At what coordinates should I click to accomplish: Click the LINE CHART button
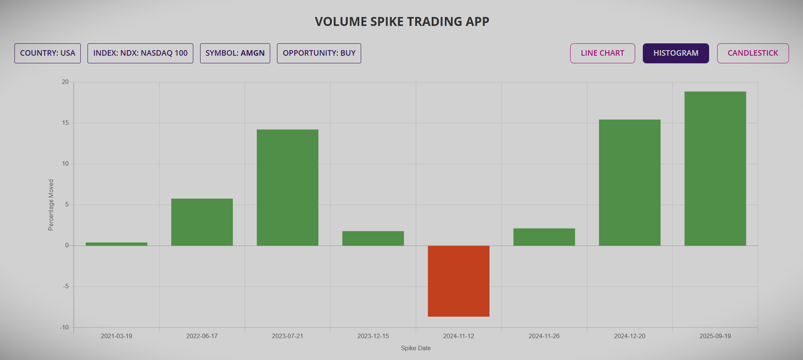pos(602,53)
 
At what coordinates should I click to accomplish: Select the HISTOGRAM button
pos(676,53)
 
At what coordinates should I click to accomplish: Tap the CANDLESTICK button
pos(752,53)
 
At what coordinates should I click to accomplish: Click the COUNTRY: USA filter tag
pos(48,53)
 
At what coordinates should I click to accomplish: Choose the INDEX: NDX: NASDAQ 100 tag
pos(140,53)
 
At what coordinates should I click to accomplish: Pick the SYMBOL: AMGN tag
pos(235,53)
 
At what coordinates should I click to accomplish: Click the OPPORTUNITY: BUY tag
pos(319,53)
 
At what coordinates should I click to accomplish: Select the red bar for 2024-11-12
pos(458,281)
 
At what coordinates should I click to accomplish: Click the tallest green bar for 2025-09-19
pos(715,168)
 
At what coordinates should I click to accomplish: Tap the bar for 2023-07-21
pos(287,187)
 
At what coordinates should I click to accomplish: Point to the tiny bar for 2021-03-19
pos(116,244)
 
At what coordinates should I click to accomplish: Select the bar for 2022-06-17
pos(202,222)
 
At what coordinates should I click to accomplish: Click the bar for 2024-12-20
pos(629,182)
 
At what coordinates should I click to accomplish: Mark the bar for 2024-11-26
pos(544,237)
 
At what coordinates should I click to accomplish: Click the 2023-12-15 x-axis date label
pos(373,336)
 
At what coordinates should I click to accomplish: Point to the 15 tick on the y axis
pos(65,123)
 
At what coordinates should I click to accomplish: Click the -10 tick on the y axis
pos(64,327)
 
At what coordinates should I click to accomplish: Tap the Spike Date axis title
pos(416,348)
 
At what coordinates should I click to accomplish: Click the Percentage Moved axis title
pos(51,205)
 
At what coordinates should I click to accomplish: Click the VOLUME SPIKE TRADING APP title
pos(401,22)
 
